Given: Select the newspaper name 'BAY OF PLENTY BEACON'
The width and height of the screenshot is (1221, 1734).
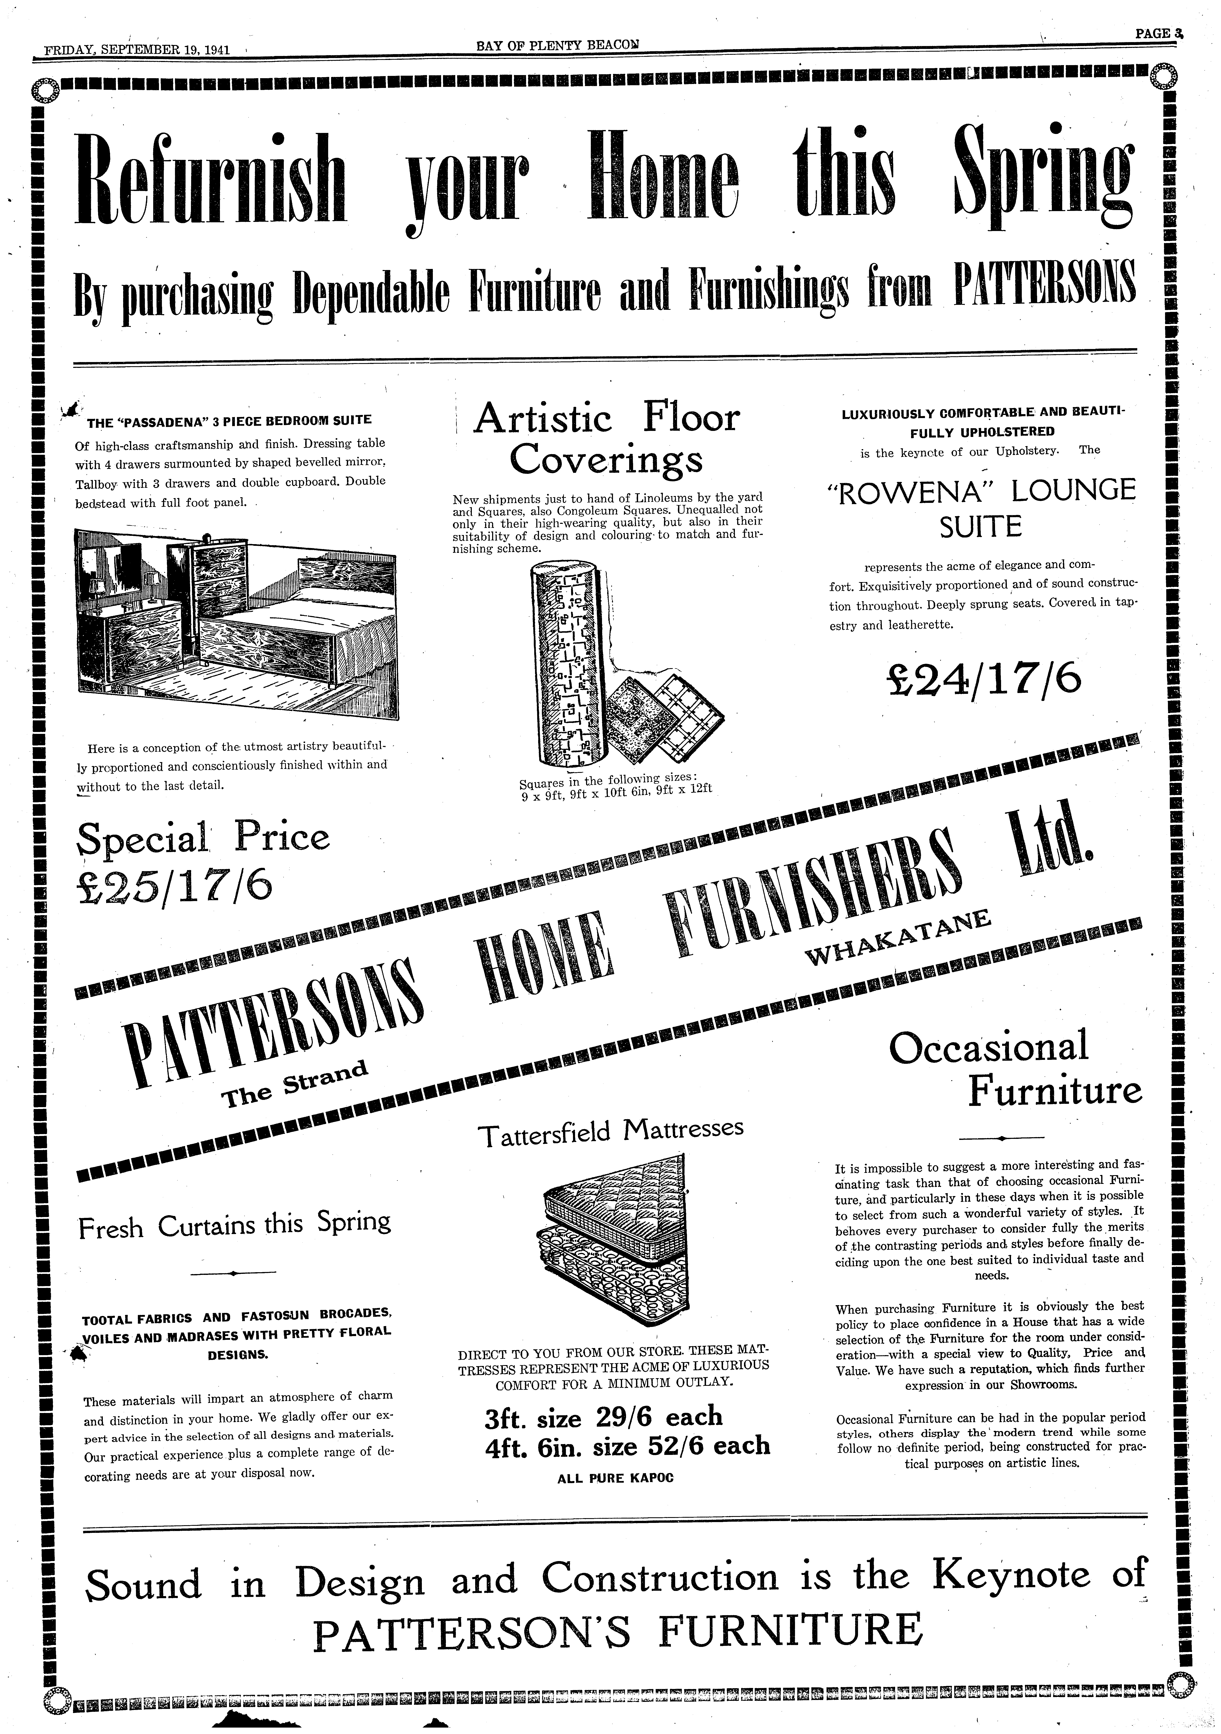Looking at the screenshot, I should coord(557,46).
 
